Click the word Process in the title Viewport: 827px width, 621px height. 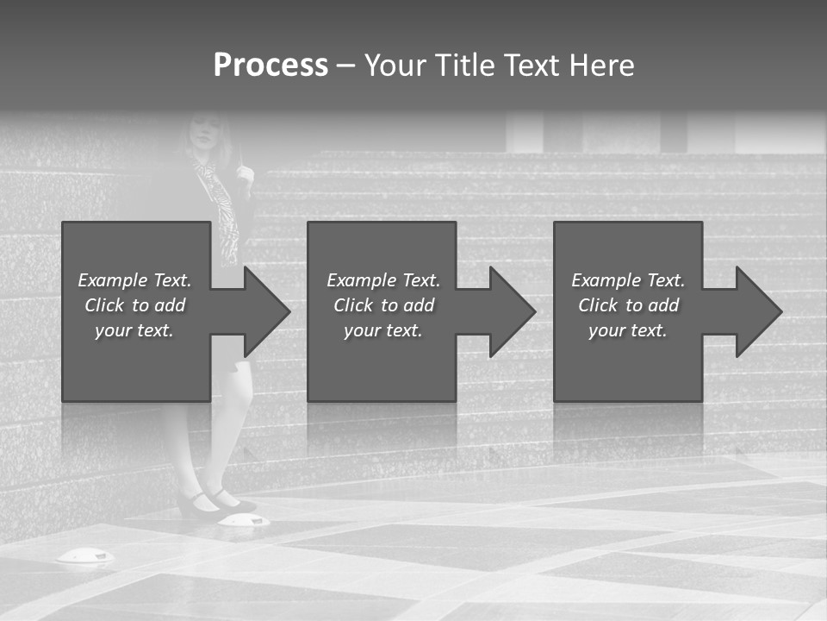[x=270, y=66]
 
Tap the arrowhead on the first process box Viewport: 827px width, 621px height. [x=266, y=311]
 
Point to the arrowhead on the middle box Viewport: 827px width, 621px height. [x=512, y=311]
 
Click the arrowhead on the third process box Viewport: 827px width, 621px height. [x=758, y=311]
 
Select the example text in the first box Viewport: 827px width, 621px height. [x=134, y=305]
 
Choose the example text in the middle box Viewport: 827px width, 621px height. [x=382, y=305]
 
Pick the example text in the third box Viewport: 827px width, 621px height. [x=628, y=305]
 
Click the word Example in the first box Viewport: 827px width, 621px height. [x=112, y=280]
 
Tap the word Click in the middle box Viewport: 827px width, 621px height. [x=353, y=305]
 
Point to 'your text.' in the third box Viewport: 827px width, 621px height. [x=628, y=330]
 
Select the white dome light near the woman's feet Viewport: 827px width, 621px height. [x=244, y=519]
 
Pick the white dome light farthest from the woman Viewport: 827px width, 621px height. [x=85, y=557]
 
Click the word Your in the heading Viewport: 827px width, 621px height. [x=395, y=66]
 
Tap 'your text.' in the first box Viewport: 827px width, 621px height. [x=134, y=330]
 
